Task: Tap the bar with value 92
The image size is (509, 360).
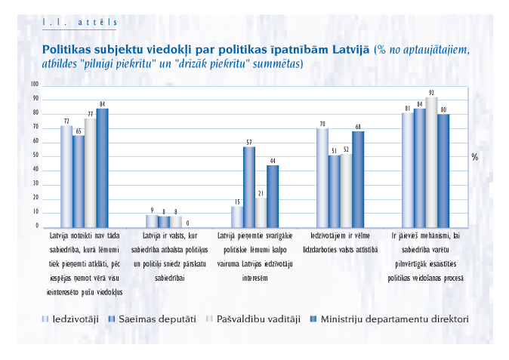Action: [x=431, y=162]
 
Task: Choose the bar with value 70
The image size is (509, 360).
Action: [x=322, y=178]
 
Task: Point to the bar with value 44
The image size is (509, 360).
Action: [x=273, y=196]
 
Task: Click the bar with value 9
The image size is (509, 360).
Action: [x=152, y=221]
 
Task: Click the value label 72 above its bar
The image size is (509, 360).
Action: [x=66, y=121]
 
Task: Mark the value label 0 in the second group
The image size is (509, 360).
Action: [x=187, y=223]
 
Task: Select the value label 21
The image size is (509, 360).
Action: [x=261, y=192]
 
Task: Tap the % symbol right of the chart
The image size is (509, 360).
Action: [x=475, y=157]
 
